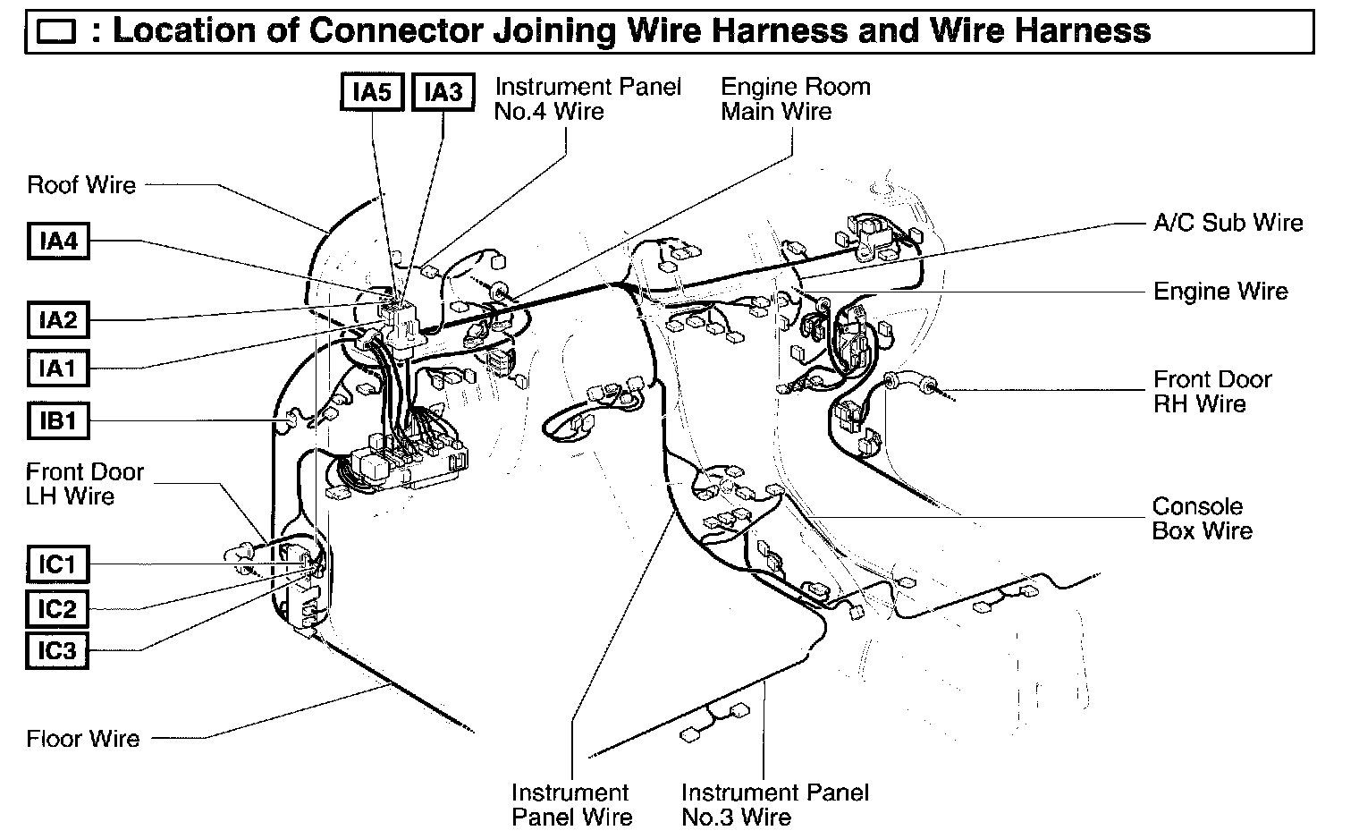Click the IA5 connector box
click(x=373, y=92)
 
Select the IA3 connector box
click(x=443, y=92)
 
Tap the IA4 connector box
click(x=58, y=242)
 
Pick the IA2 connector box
click(x=58, y=319)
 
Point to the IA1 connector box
click(x=58, y=368)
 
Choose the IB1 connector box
click(x=58, y=419)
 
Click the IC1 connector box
click(x=58, y=565)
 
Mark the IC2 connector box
click(x=58, y=609)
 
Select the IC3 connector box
click(x=58, y=650)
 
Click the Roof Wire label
click(x=81, y=185)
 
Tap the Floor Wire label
click(x=83, y=739)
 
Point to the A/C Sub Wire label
click(x=1228, y=223)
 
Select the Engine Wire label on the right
click(x=1220, y=292)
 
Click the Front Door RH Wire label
click(x=1211, y=392)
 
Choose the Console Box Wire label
click(x=1202, y=519)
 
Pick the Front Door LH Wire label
click(x=84, y=484)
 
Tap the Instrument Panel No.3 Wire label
click(x=774, y=804)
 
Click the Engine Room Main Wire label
click(x=795, y=99)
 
